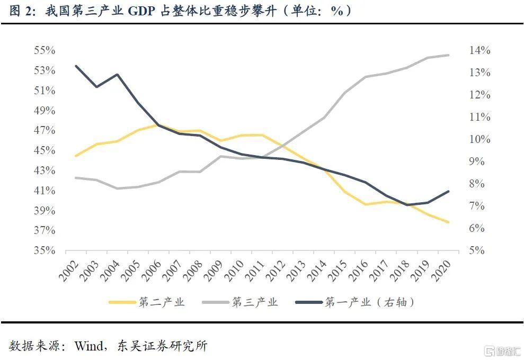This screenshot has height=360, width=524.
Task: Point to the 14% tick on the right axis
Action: click(x=479, y=51)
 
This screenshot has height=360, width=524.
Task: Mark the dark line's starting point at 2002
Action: click(x=76, y=66)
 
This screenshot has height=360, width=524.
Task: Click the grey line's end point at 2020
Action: click(x=449, y=55)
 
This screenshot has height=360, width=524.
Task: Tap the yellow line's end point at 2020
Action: click(x=449, y=222)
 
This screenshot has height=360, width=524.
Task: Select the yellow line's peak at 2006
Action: click(x=159, y=125)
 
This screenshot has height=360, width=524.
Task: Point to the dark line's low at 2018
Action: click(x=407, y=204)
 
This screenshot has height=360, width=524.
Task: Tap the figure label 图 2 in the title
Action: click(x=20, y=12)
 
